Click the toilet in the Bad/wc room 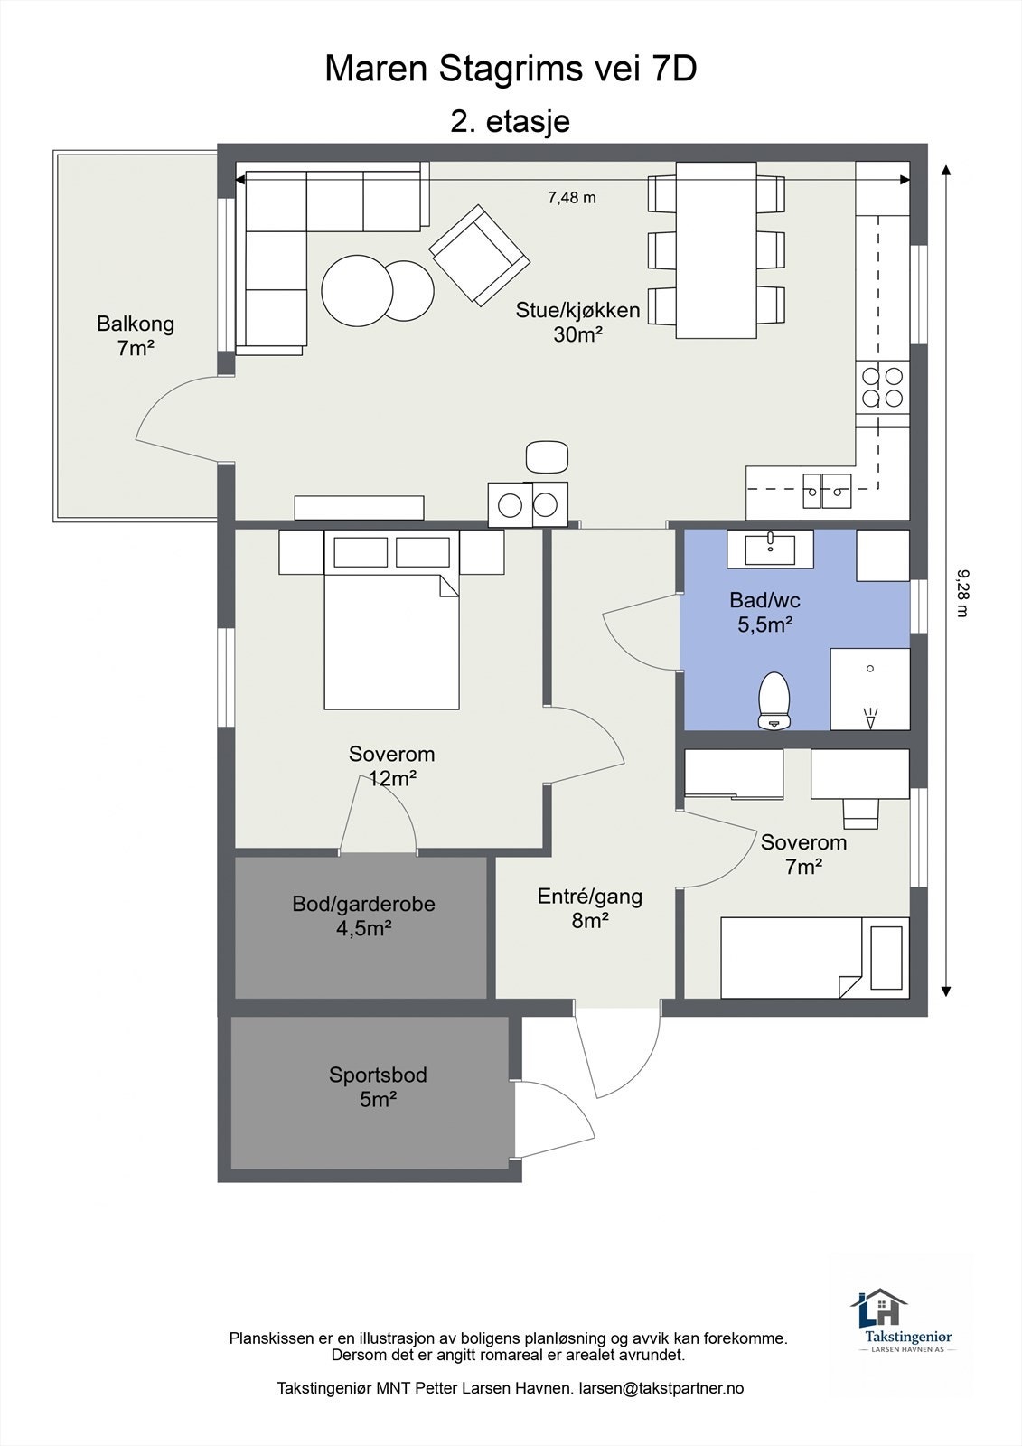(774, 701)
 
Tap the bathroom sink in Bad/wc (770, 549)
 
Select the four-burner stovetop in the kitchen (883, 388)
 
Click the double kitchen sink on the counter (827, 491)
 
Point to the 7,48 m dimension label (572, 198)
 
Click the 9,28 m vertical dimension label (962, 593)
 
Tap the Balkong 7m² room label (136, 335)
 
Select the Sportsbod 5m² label (378, 1086)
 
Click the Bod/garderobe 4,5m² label (363, 915)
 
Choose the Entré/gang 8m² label (590, 907)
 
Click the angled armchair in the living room (480, 255)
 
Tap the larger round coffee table (356, 290)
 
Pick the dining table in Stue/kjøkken (716, 249)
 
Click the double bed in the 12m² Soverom (391, 620)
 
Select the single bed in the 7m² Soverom (815, 958)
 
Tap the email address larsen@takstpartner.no (661, 1388)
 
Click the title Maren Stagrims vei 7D (511, 69)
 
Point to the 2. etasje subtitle (510, 121)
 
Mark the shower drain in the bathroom (870, 669)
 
